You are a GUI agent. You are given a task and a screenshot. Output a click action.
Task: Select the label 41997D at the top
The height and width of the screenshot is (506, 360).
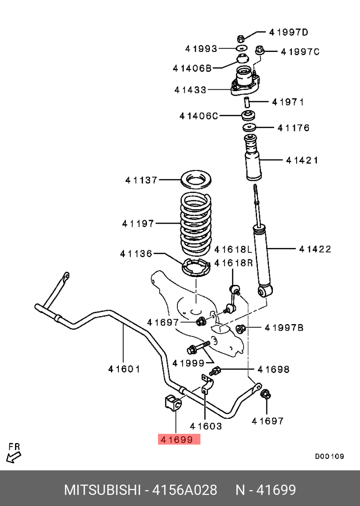[x=289, y=32]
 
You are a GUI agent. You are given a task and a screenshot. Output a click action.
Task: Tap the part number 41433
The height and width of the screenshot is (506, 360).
[x=190, y=90]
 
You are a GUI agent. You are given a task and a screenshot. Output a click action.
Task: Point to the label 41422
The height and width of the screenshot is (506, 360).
[x=315, y=249]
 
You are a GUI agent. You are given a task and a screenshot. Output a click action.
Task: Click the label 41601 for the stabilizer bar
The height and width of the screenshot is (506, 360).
[x=124, y=369]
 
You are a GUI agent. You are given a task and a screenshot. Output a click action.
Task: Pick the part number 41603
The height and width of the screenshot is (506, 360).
[x=206, y=426]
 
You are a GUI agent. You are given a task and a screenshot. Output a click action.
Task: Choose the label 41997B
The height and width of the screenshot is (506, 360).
[x=284, y=328]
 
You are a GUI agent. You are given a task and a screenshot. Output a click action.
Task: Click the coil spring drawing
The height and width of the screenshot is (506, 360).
[x=195, y=225]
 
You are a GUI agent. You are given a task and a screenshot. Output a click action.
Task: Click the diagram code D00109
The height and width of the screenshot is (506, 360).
[x=329, y=456]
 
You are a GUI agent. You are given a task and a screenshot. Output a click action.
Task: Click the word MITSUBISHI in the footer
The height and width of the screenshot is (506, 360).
[x=103, y=490]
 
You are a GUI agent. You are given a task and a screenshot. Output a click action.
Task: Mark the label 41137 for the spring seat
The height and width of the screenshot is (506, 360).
[x=141, y=180]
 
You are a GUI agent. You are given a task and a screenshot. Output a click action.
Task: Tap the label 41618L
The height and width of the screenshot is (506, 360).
[x=233, y=250]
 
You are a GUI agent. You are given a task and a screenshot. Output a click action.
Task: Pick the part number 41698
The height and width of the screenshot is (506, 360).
[x=273, y=369]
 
